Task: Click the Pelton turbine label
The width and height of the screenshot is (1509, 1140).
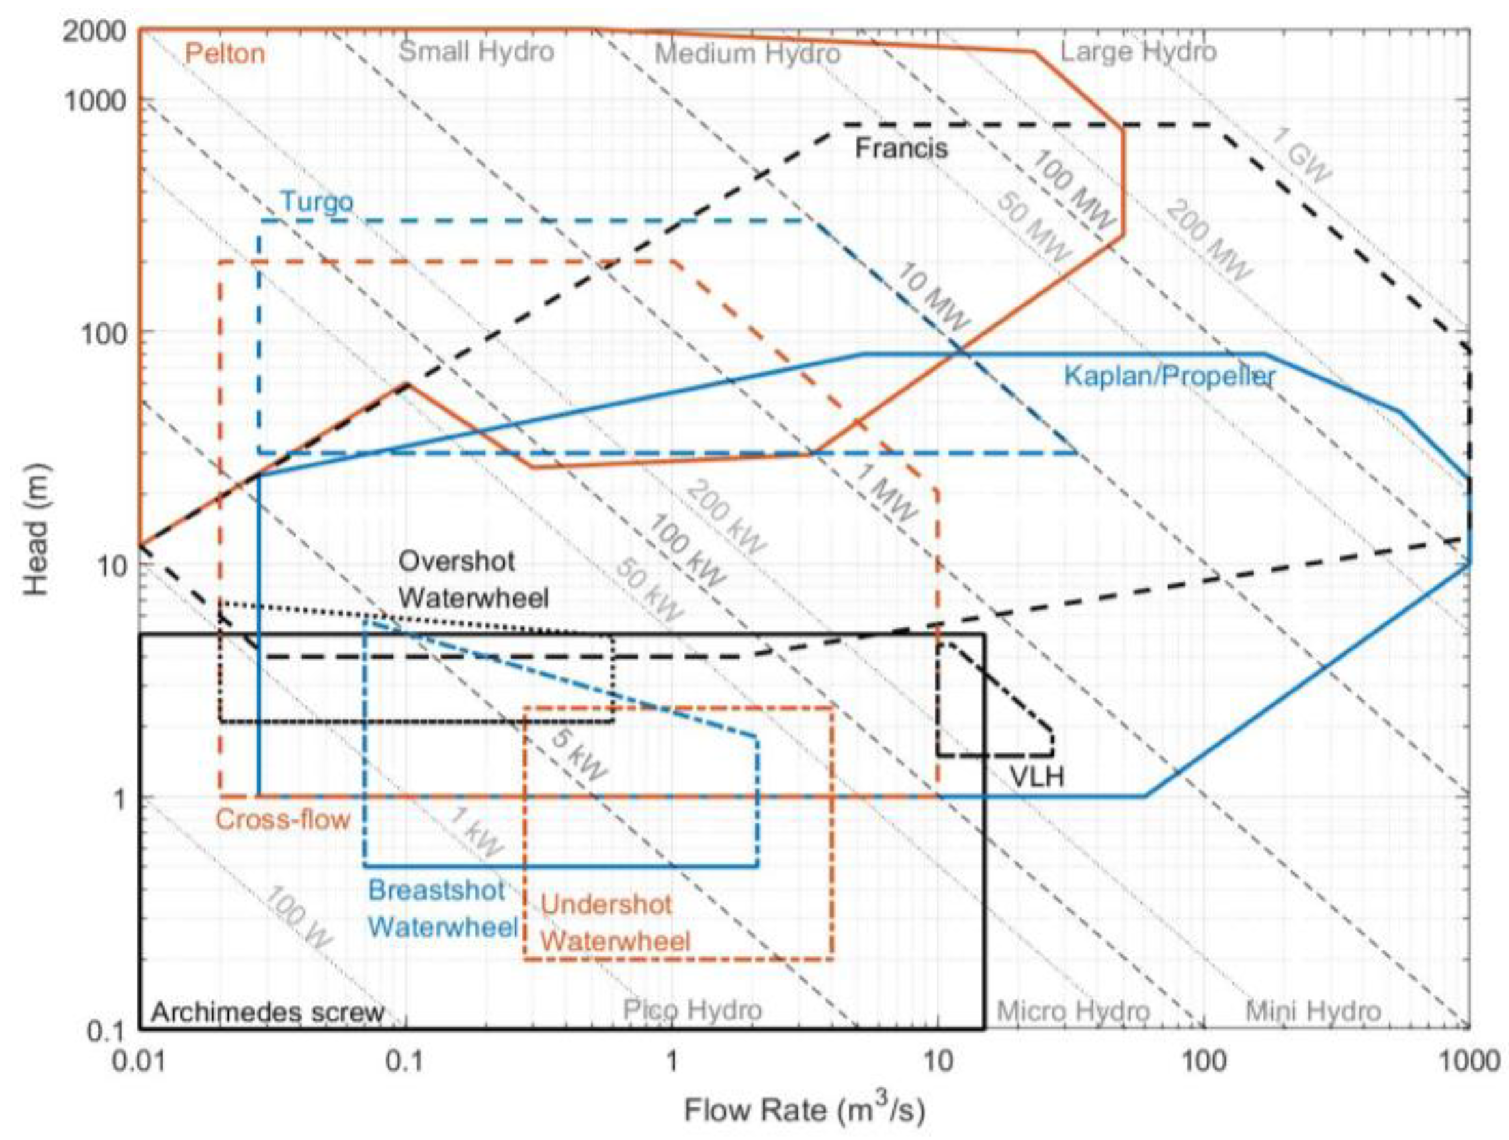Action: click(225, 54)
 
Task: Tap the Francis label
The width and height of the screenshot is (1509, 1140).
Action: click(901, 149)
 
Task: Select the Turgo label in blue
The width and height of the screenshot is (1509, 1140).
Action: click(317, 202)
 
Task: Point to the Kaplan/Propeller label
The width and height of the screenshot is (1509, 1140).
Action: click(1169, 376)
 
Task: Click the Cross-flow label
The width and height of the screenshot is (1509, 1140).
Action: click(283, 819)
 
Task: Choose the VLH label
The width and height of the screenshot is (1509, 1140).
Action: click(1036, 777)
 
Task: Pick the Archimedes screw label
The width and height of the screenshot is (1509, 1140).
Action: click(268, 1012)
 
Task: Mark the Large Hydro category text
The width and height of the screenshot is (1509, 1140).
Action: click(1138, 52)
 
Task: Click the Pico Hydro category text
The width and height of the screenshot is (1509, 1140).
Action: click(692, 1010)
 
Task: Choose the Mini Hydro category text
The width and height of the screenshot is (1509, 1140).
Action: click(1313, 1011)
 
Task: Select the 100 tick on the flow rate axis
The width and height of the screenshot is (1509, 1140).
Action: click(1204, 1062)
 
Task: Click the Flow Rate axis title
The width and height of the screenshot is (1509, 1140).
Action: click(805, 1110)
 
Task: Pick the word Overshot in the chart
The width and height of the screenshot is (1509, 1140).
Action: click(457, 562)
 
